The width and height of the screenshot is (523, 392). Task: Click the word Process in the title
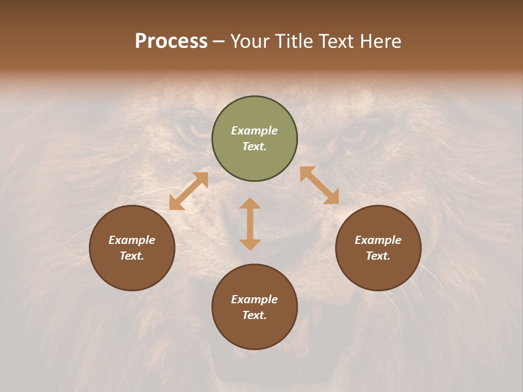pyautogui.click(x=171, y=41)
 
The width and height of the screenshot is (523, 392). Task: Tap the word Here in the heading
pyautogui.click(x=381, y=41)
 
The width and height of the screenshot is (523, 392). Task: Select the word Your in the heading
pyautogui.click(x=248, y=41)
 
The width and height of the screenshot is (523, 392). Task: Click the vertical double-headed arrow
pyautogui.click(x=250, y=224)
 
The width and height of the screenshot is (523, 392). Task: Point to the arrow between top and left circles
pyautogui.click(x=188, y=191)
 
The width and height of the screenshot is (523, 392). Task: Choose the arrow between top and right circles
pyautogui.click(x=319, y=185)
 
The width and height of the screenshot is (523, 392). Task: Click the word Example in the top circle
pyautogui.click(x=254, y=131)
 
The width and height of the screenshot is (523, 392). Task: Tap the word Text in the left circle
pyautogui.click(x=132, y=256)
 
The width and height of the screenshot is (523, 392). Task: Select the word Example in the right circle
pyautogui.click(x=378, y=240)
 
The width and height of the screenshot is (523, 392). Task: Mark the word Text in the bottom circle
pyautogui.click(x=254, y=315)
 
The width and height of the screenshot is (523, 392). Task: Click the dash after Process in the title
pyautogui.click(x=218, y=41)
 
